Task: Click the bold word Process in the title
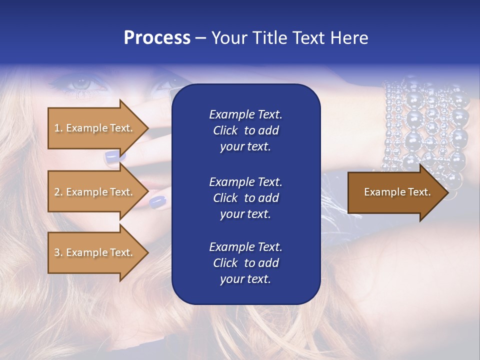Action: coord(157,38)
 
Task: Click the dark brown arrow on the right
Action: coord(395,192)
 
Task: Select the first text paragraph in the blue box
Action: coord(245,130)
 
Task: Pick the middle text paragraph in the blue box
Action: coord(245,198)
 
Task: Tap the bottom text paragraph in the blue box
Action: coord(245,263)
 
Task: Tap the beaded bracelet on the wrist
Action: coord(425,130)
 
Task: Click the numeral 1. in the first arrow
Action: coord(58,128)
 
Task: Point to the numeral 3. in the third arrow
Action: coord(58,252)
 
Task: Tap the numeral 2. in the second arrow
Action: coord(58,192)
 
